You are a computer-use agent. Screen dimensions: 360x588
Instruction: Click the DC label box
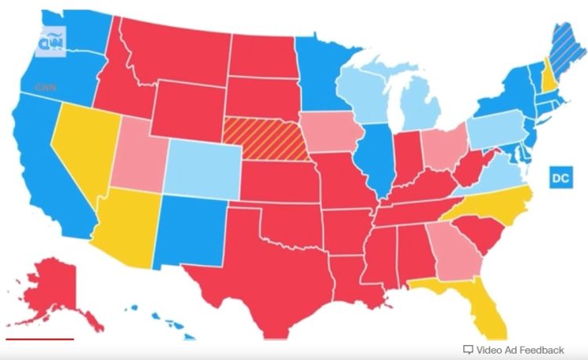tap(559, 178)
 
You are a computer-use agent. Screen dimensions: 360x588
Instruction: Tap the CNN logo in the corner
tap(53, 39)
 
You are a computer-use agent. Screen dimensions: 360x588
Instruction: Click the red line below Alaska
tap(39, 340)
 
